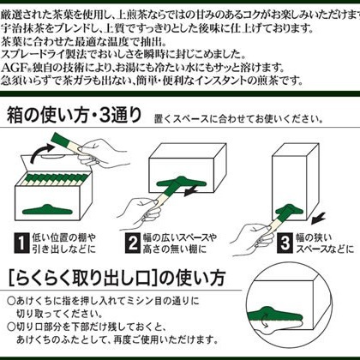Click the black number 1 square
tap(21, 243)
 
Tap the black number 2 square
tap(133, 243)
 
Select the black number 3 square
tap(285, 243)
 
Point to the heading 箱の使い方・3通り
tap(75, 115)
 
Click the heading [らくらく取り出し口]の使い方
tap(117, 278)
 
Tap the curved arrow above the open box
tap(41, 153)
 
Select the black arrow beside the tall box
tap(319, 219)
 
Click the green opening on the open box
tap(47, 210)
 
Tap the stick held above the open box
tap(65, 143)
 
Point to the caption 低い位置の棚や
tap(64, 237)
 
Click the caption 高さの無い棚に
tap(174, 249)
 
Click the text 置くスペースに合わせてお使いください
tap(238, 118)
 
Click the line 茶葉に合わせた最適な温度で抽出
tap(83, 42)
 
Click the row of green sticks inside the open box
tap(54, 178)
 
